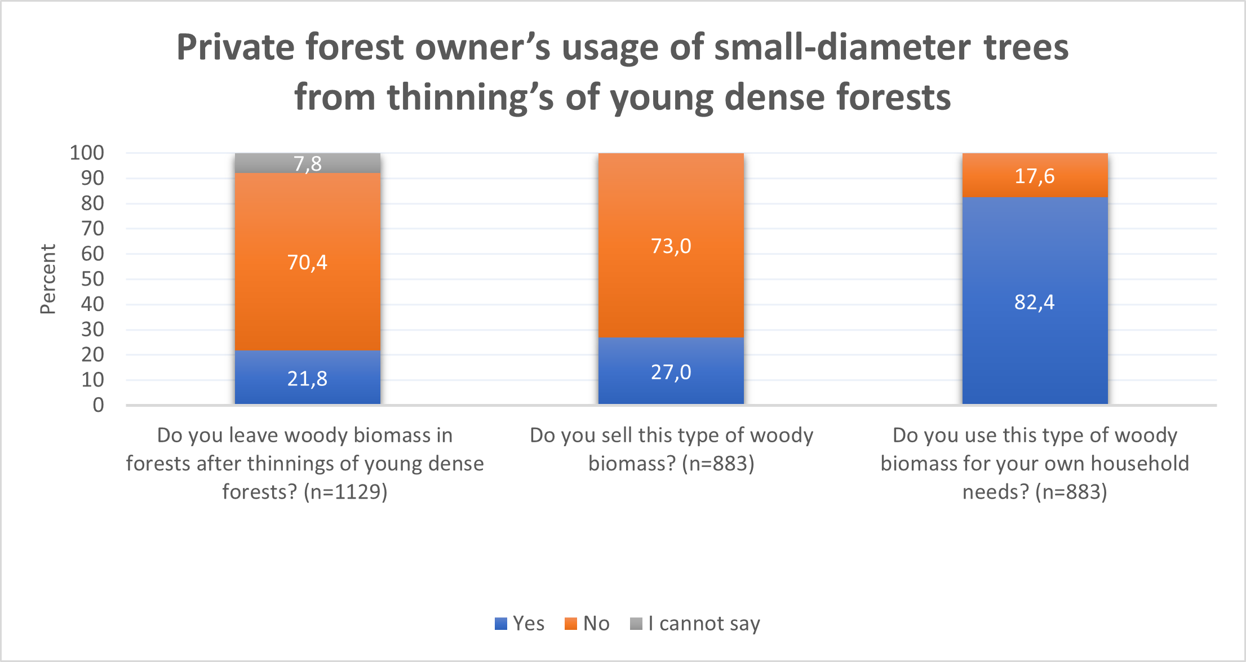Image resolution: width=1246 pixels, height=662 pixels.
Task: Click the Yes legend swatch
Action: [x=501, y=624]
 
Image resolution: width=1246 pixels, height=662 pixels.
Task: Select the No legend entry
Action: [x=587, y=624]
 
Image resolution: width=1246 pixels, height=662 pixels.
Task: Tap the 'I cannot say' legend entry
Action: [x=695, y=624]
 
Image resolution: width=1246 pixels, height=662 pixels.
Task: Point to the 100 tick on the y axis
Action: [x=87, y=153]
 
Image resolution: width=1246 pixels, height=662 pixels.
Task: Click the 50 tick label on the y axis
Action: [x=92, y=279]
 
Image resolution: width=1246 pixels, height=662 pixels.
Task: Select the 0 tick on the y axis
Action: [x=99, y=405]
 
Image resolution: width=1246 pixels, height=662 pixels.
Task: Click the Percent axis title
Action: [x=48, y=279]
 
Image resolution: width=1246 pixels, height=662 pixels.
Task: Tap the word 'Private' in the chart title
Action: [x=236, y=47]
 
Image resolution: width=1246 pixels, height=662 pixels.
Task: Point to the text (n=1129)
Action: [x=345, y=492]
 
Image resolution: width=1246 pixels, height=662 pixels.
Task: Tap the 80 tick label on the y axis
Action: [x=92, y=203]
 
